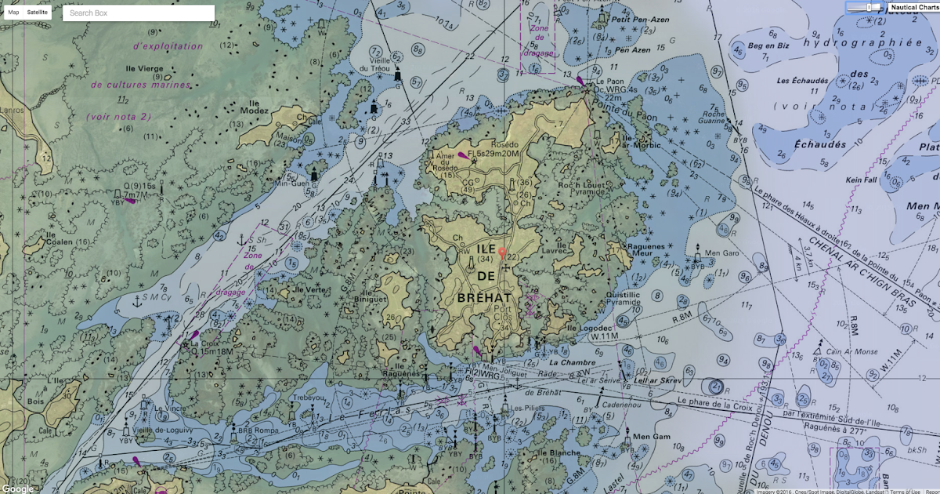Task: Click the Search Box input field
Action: tap(138, 13)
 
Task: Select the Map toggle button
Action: tap(13, 13)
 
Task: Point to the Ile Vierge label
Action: tap(150, 68)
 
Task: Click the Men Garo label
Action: tap(722, 253)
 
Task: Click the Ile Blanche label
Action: tap(559, 452)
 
